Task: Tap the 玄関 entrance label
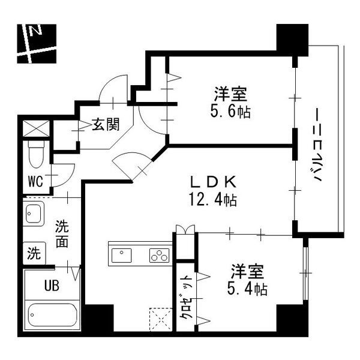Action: tap(105, 125)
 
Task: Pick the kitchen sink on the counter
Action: tap(122, 255)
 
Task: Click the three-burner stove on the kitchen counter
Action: tap(159, 255)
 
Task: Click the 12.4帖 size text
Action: tap(211, 200)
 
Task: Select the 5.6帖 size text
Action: tap(230, 112)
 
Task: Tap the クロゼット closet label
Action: tap(187, 298)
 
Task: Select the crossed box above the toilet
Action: tap(35, 128)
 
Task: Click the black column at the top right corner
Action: tap(290, 38)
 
